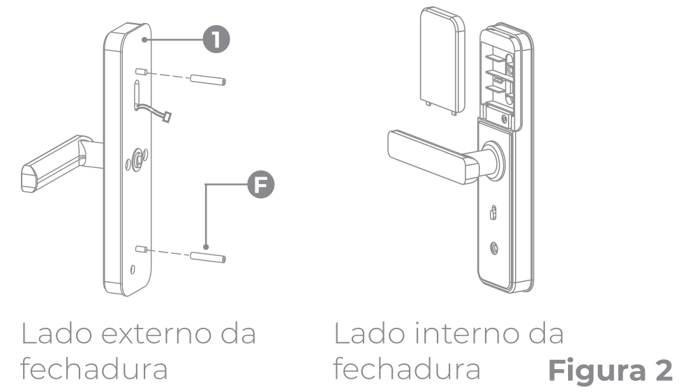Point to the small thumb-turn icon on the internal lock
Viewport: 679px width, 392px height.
[x=494, y=211]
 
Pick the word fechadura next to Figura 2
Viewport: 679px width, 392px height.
[x=408, y=368]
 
